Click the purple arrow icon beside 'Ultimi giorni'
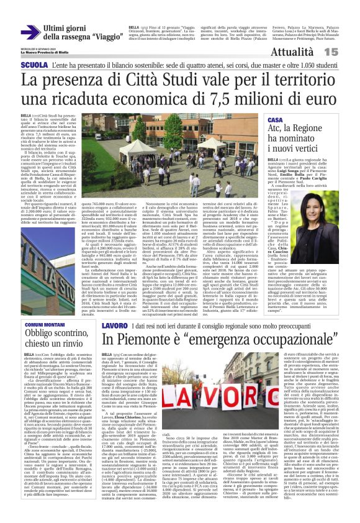[29, 31]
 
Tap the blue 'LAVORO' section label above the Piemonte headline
[115, 325]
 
